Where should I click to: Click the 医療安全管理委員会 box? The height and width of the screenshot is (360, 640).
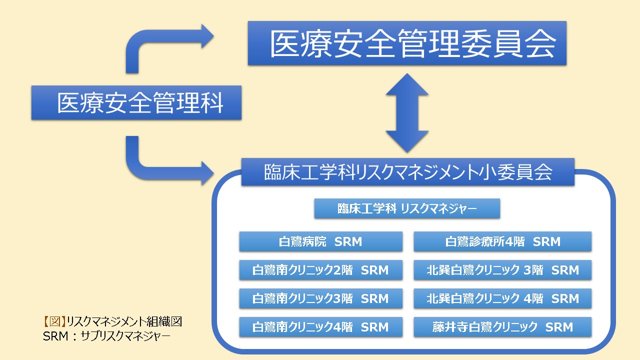407,43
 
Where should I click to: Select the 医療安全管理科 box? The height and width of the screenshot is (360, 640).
136,103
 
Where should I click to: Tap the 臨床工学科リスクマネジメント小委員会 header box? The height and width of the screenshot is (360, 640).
407,172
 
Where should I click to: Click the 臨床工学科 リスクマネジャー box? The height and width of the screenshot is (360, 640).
407,208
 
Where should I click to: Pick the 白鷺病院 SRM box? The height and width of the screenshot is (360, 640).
320,241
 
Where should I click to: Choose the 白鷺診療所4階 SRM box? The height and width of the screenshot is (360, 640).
502,241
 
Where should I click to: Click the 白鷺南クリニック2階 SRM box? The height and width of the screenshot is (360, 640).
320,270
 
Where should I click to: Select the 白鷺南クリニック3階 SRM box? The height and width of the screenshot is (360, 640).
320,298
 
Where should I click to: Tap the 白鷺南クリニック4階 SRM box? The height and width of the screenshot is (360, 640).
320,327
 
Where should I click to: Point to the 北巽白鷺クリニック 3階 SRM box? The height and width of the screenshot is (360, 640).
502,270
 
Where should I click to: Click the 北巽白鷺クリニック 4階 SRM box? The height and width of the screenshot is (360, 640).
502,298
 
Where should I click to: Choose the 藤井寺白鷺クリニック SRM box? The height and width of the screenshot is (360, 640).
502,327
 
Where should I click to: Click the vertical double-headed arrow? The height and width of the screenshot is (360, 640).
407,113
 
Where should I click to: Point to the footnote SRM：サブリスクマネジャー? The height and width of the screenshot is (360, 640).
106,335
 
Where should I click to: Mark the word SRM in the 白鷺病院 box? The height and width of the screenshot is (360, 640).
348,242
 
